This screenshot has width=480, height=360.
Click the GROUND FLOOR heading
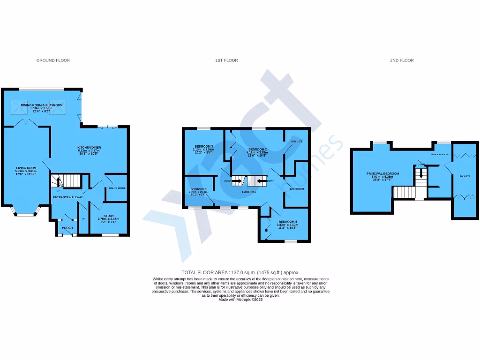[x=53, y=60]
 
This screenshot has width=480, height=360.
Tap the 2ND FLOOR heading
[x=402, y=60]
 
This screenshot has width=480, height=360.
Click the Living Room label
[x=26, y=168]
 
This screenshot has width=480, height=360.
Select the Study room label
[x=109, y=216]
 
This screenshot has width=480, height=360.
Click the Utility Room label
[x=117, y=188]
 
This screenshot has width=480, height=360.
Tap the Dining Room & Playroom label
[x=42, y=105]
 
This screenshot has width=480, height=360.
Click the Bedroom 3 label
[x=204, y=147]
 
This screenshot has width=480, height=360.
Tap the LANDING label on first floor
[x=249, y=192]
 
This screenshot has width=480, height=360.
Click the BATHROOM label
[x=297, y=189]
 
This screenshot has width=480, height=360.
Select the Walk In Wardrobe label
[x=440, y=154]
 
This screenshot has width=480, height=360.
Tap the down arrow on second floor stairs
[x=421, y=173]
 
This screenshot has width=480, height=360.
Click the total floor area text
[x=240, y=272]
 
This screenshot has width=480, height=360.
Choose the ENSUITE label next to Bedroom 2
[x=297, y=141]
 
